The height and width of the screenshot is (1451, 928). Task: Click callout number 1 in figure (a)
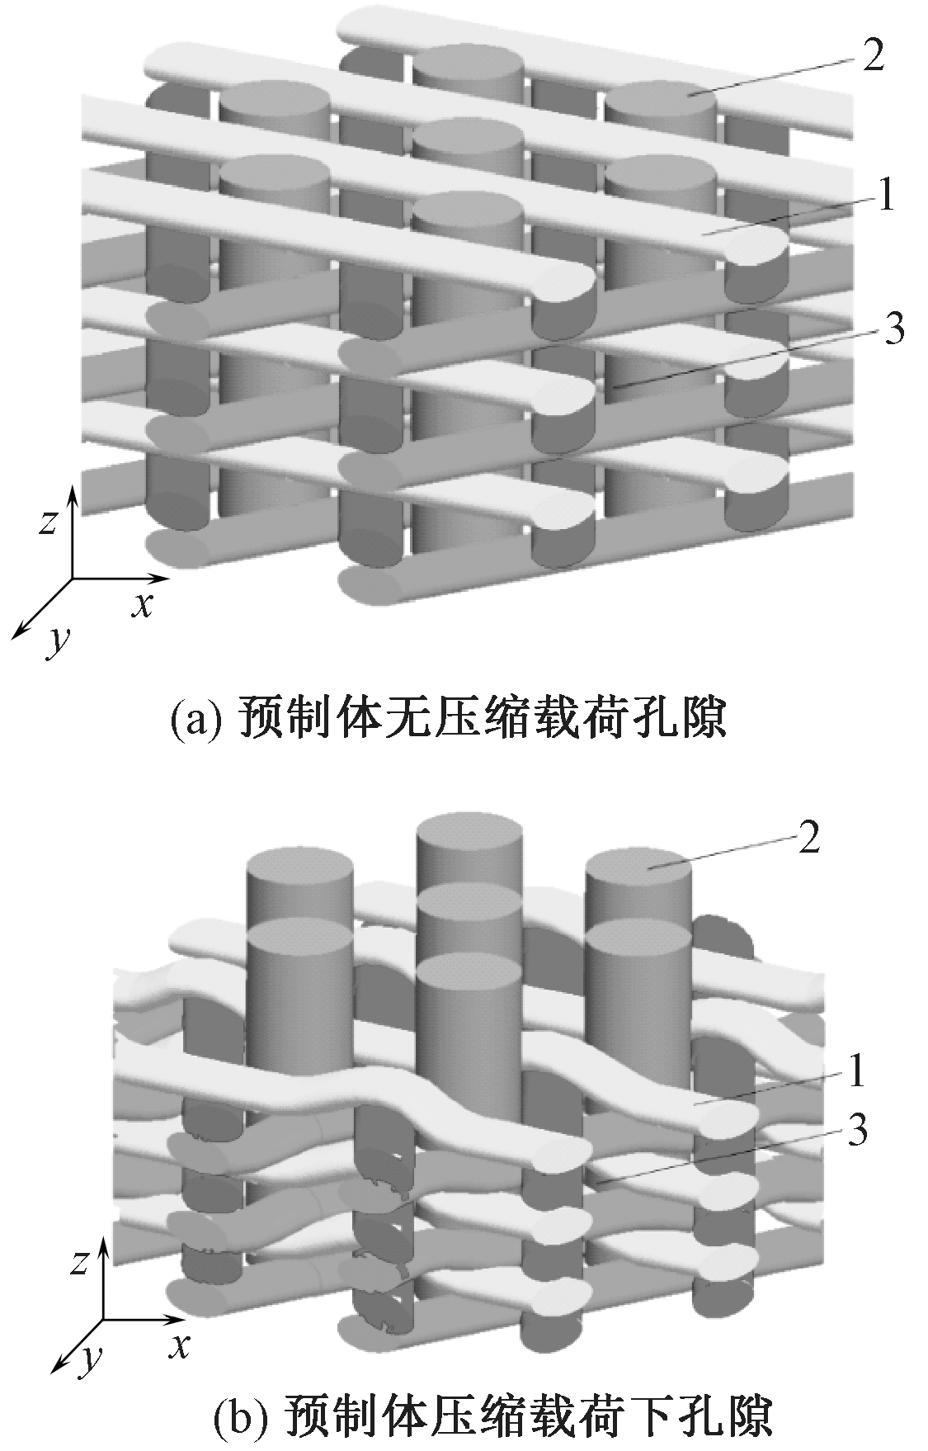pos(885,197)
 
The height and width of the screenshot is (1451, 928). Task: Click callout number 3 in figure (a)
pos(892,328)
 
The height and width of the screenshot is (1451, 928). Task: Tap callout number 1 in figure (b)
pos(857,1073)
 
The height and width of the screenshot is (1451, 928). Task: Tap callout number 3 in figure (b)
pos(857,1132)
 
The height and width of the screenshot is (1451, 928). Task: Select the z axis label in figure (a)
pos(49,522)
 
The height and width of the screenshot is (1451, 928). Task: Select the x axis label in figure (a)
pos(144,605)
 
